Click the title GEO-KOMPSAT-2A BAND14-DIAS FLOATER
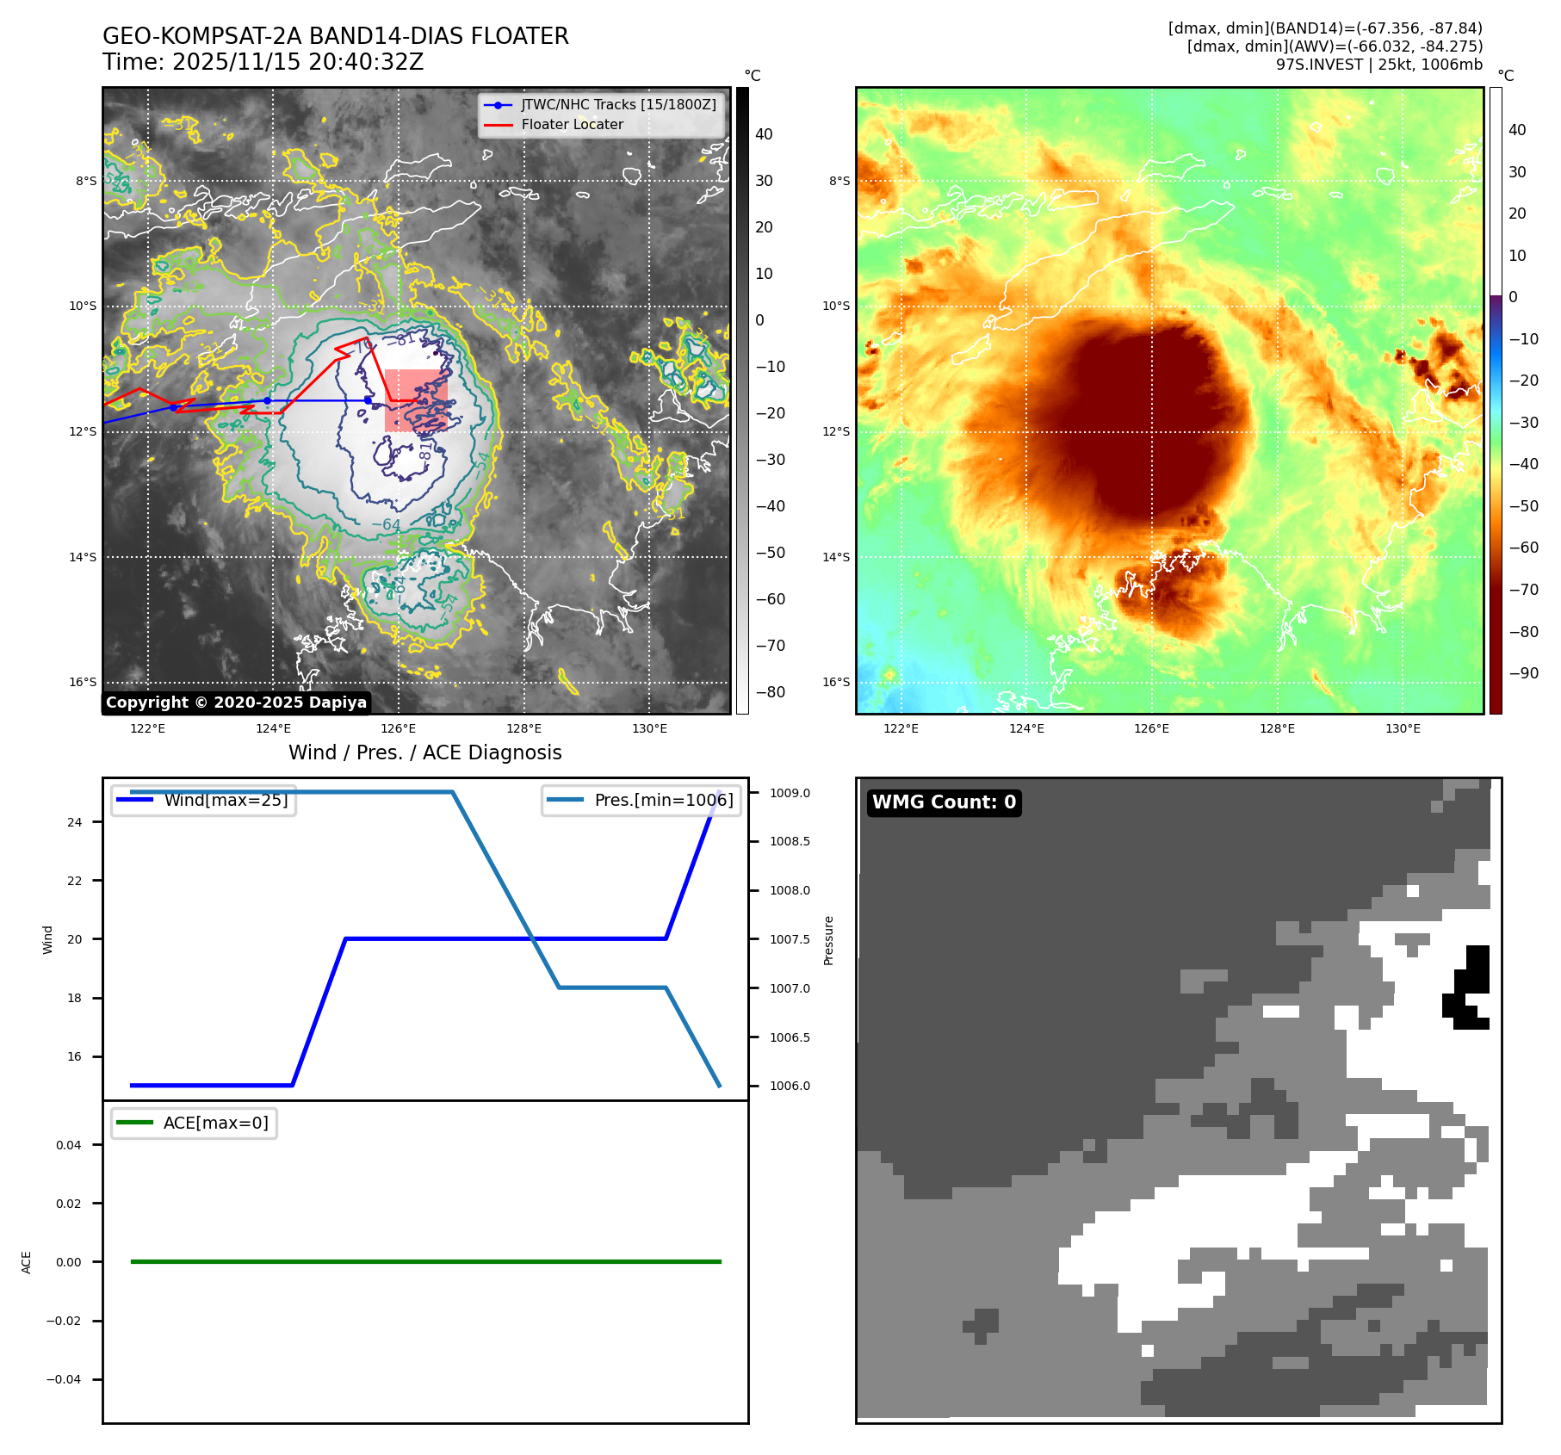[x=335, y=36]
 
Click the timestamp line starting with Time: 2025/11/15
[x=263, y=62]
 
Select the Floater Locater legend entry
[x=572, y=125]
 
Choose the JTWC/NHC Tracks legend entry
[x=618, y=104]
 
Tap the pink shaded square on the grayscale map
[x=416, y=400]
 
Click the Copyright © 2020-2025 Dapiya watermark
[x=236, y=703]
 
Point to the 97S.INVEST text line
[x=1378, y=65]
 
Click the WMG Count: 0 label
[x=944, y=802]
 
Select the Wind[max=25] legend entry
[x=226, y=800]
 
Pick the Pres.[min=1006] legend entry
[x=663, y=800]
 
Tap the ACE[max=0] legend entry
[x=215, y=1123]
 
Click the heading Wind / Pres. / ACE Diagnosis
[x=424, y=752]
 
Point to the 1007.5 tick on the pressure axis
[x=790, y=939]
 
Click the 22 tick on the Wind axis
[x=75, y=881]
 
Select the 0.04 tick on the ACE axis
[x=69, y=1145]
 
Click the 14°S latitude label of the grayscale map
[x=84, y=557]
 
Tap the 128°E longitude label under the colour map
[x=1277, y=729]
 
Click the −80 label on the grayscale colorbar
[x=770, y=692]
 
